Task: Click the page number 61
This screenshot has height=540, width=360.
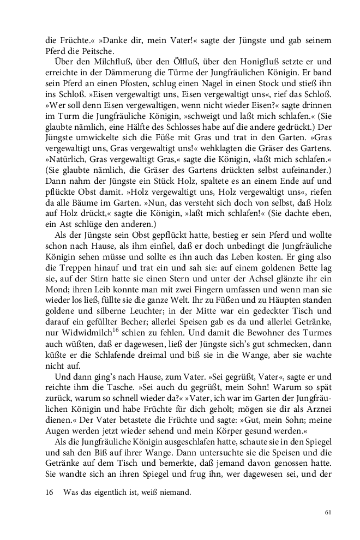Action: (x=328, y=512)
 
